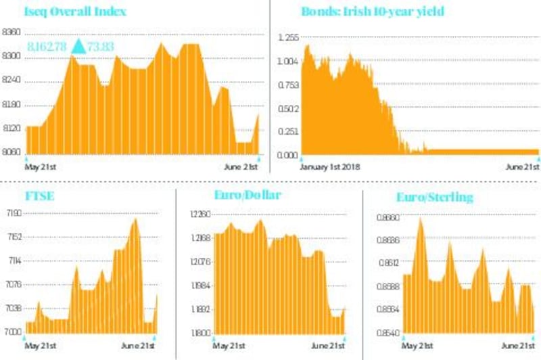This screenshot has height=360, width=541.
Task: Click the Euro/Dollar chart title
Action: coord(247,196)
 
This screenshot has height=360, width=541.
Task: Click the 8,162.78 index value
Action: coord(48,47)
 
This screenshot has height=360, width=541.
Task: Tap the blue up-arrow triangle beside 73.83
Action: coord(79,46)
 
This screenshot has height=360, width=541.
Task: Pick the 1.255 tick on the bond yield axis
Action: coord(288,38)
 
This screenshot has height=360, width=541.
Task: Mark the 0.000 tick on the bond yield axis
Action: coord(288,155)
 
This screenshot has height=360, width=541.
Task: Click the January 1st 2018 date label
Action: coord(330,166)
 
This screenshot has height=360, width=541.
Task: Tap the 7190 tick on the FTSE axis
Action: coord(13,212)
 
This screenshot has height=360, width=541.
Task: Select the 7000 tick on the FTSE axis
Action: coord(13,332)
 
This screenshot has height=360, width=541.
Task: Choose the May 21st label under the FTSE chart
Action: coord(40,346)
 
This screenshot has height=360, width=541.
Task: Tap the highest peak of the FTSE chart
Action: coord(136,219)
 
